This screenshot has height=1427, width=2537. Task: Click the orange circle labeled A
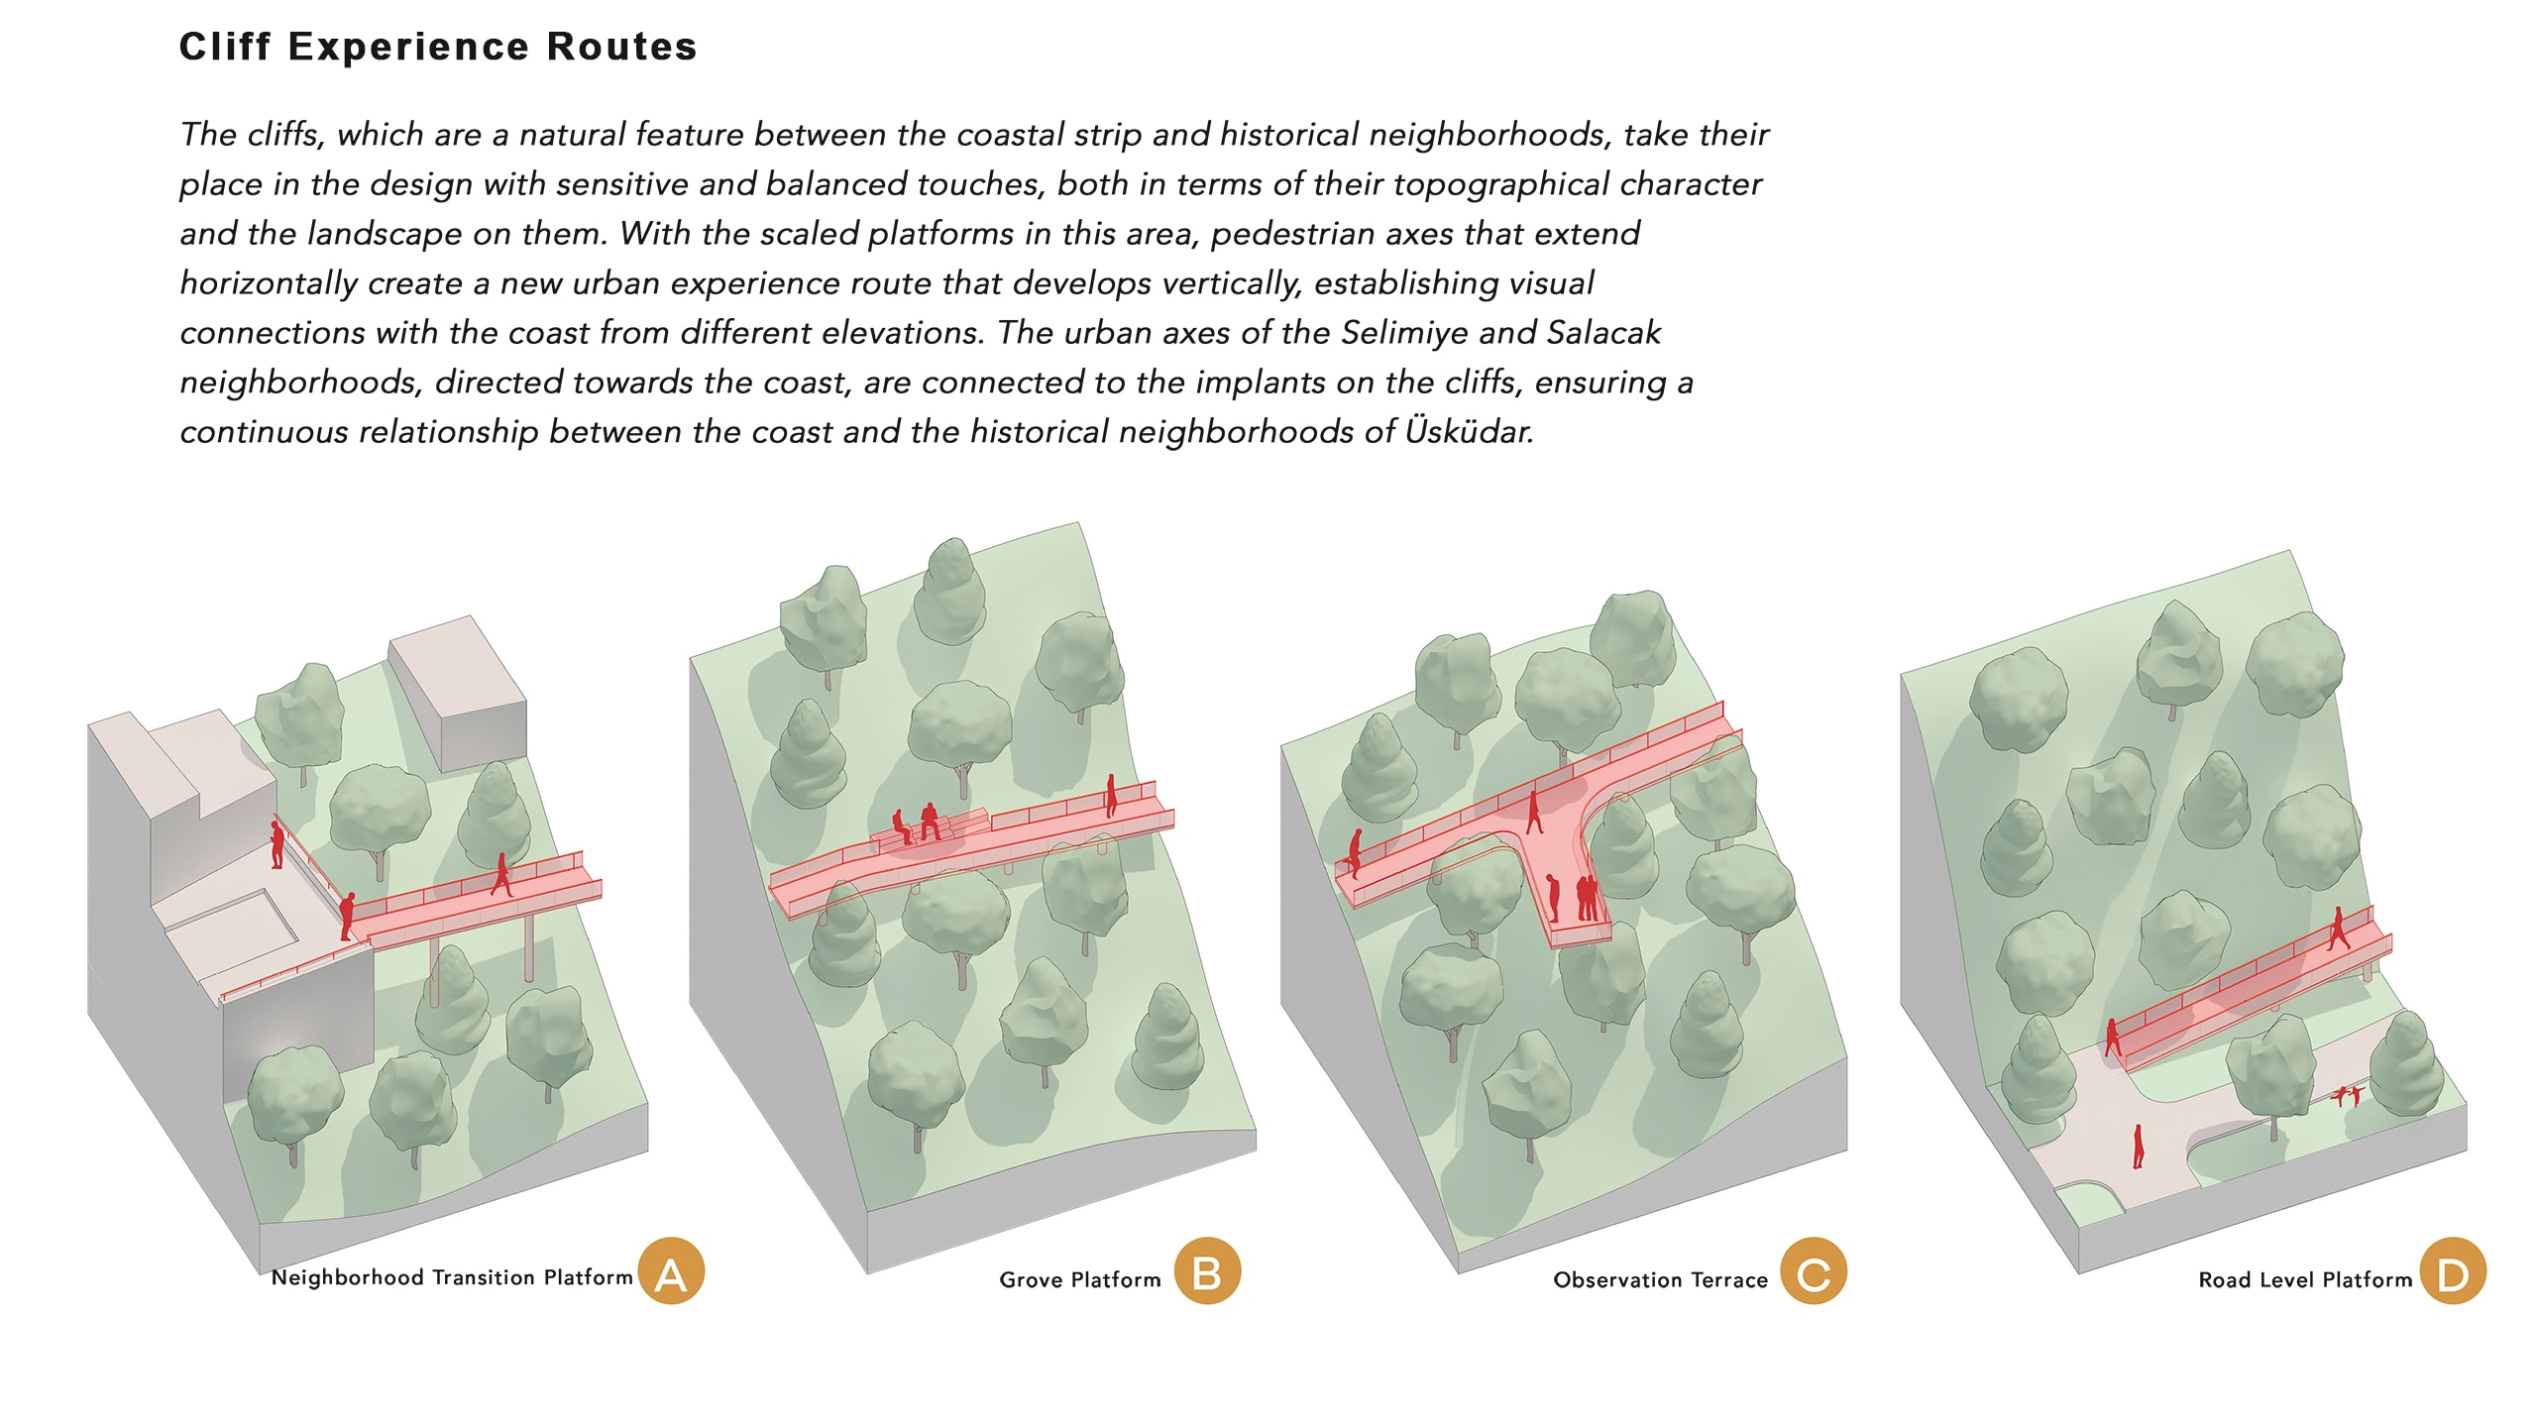pos(671,1271)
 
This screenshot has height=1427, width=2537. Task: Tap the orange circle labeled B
pos(1207,1271)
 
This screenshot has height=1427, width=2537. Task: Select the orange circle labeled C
pos(1814,1271)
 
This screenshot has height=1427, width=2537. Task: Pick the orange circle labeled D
pos(2453,1271)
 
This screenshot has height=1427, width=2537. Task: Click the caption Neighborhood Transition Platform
pos(452,1277)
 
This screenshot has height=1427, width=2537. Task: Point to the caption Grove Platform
pos(1080,1279)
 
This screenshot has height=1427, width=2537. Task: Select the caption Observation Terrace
pos(1661,1279)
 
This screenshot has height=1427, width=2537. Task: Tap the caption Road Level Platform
pos(2306,1279)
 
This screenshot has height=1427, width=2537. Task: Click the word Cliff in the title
pos(225,47)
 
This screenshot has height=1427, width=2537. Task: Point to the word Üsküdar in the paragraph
pos(1469,431)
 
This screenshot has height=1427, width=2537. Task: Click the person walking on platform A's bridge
pos(502,874)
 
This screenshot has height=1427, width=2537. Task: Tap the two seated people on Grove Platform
pos(917,823)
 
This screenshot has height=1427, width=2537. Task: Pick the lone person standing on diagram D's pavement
pos(2139,1147)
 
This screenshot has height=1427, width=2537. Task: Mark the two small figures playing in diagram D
pos(2350,1095)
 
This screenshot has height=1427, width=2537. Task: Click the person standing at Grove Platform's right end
pos(1111,795)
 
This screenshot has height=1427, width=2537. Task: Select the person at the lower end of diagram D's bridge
pos(2113,1037)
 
